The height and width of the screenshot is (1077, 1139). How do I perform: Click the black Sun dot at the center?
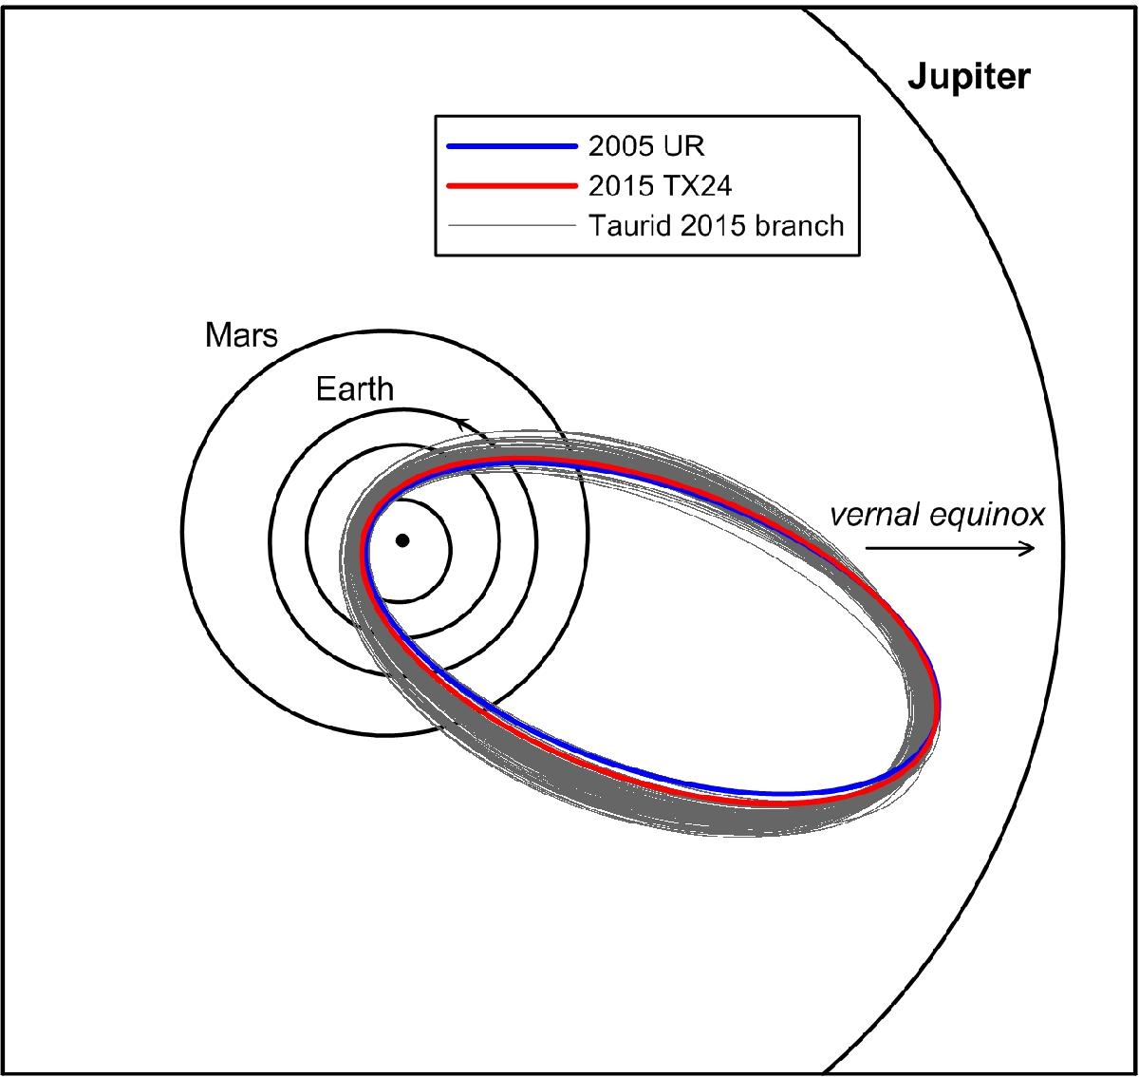tap(402, 540)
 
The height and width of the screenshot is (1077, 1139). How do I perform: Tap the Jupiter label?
tap(969, 76)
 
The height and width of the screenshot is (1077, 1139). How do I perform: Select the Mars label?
tap(241, 334)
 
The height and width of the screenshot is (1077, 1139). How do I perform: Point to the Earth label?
tap(354, 389)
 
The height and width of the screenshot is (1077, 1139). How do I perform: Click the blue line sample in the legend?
tap(512, 146)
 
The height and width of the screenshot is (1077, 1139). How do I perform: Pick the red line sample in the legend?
tap(512, 185)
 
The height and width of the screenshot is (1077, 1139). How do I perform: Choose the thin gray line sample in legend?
tap(512, 226)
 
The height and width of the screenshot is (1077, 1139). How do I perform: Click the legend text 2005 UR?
tap(646, 146)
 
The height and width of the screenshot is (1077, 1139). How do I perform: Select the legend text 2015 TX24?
tap(660, 186)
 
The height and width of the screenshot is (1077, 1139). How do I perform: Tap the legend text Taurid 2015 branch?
tap(717, 226)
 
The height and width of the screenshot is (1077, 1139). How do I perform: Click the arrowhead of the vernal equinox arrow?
tap(1028, 548)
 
